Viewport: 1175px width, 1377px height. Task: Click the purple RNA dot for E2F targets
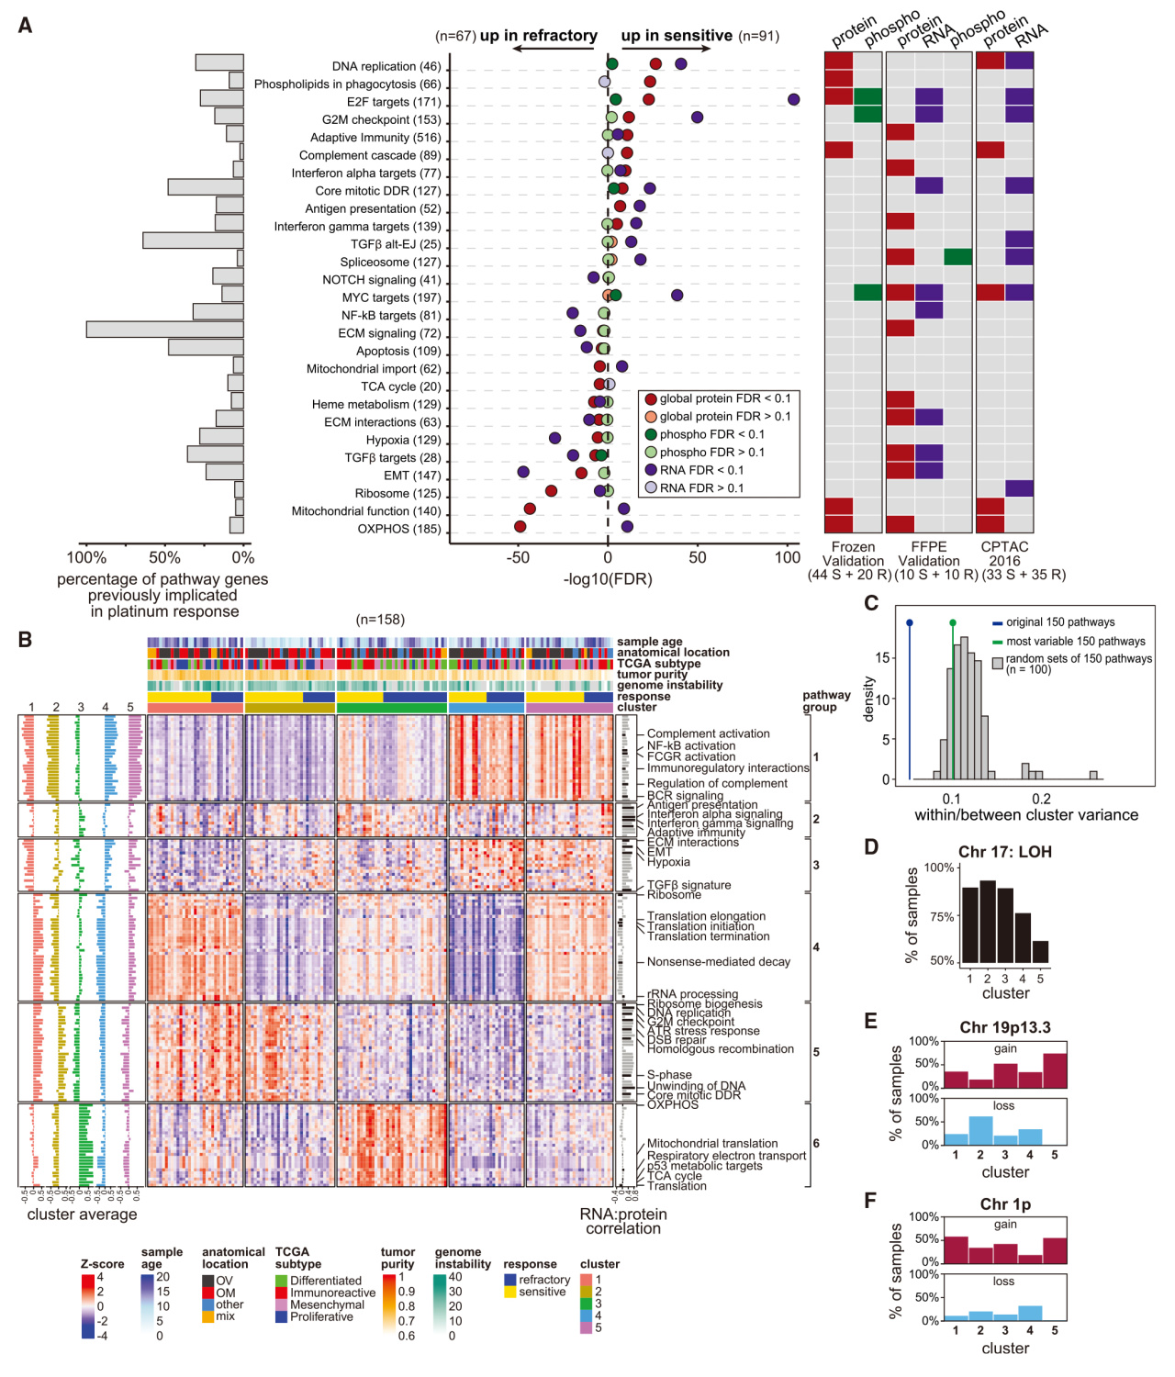point(793,99)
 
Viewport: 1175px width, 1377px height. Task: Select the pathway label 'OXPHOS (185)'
point(398,530)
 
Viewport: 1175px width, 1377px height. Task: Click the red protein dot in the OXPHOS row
point(520,527)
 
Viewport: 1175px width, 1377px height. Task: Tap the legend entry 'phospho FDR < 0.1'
point(711,434)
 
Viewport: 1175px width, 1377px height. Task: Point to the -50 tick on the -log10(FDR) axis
point(519,557)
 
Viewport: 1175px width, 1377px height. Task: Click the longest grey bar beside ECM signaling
point(165,330)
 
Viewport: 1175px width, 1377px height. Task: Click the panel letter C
point(871,603)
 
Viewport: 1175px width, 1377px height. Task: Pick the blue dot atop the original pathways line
point(910,622)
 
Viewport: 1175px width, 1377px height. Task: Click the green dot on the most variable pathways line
point(953,622)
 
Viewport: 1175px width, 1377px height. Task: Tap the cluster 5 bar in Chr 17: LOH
point(1040,952)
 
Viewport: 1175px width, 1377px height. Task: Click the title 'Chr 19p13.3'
point(1005,1027)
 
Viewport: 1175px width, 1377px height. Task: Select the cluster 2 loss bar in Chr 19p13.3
point(980,1130)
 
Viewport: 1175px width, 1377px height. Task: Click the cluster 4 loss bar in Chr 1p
point(1030,1313)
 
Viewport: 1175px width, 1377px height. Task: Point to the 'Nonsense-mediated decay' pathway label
point(718,962)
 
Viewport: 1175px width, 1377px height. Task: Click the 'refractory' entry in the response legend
point(544,1280)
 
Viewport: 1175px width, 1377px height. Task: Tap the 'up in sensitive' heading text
point(677,36)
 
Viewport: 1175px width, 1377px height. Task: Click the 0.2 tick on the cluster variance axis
point(1041,799)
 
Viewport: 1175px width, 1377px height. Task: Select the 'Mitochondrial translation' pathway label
point(711,1144)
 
